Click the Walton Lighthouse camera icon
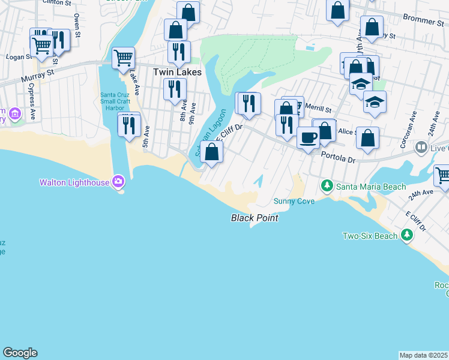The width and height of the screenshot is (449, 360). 118,181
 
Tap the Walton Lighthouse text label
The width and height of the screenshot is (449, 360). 75,182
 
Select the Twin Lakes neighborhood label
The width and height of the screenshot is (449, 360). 177,71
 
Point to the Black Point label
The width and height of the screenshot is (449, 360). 255,218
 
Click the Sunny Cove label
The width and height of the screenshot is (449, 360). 294,201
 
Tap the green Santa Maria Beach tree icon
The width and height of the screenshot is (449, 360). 327,187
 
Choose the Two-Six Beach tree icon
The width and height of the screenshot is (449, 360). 407,235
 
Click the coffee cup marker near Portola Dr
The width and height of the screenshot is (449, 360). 308,137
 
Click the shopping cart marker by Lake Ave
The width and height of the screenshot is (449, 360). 123,59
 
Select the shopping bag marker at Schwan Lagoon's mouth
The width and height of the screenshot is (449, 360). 211,151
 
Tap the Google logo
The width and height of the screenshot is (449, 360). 20,353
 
